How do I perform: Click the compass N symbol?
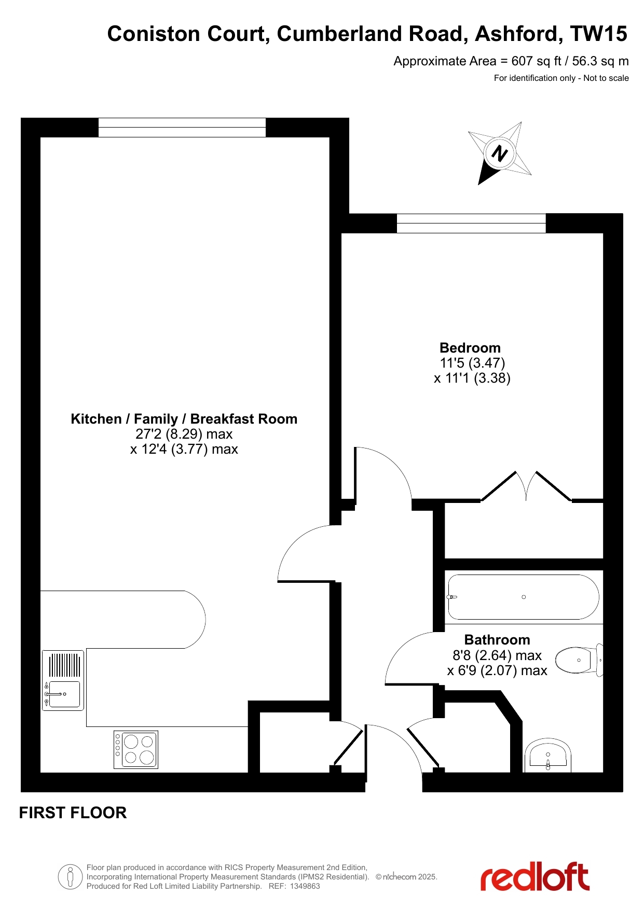point(499,153)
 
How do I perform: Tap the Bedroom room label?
point(470,348)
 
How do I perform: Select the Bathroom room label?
point(497,640)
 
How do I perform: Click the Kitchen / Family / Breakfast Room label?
point(184,419)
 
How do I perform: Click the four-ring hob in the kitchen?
point(136,750)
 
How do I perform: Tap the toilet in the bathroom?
point(580,660)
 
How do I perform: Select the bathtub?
point(523,597)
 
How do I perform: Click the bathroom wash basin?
point(548,755)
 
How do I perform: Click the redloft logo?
point(535,877)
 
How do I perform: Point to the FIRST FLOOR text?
point(73,813)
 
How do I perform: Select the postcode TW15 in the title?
point(599,34)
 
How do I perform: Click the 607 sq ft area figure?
point(537,61)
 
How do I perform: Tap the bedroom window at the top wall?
point(471,223)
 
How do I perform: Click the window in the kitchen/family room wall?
point(182,128)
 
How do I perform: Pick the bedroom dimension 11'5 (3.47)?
point(472,363)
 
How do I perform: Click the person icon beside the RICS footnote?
point(70,877)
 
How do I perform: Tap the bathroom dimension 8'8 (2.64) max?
point(497,655)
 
